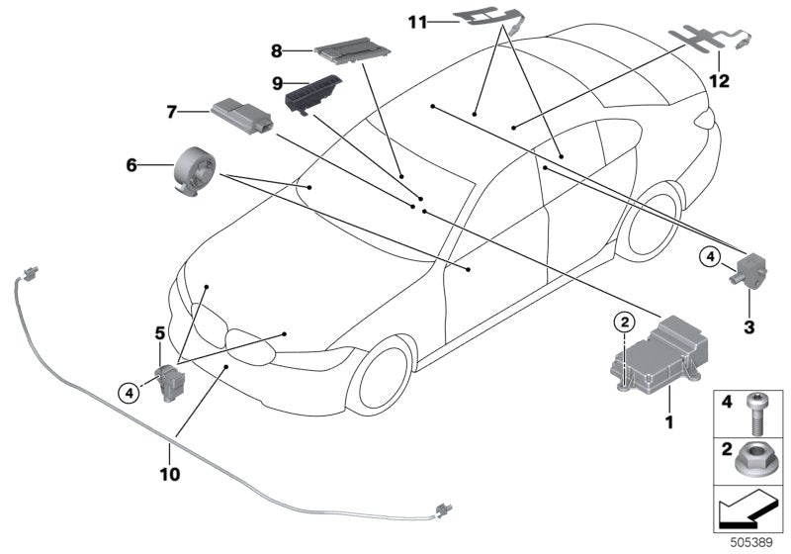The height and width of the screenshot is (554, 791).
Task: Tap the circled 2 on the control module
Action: (623, 321)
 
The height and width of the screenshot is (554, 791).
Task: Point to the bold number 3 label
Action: (748, 325)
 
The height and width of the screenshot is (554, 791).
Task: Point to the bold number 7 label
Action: (171, 113)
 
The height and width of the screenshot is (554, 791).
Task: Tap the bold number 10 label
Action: (169, 474)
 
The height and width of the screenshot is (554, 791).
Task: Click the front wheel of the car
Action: (380, 374)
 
